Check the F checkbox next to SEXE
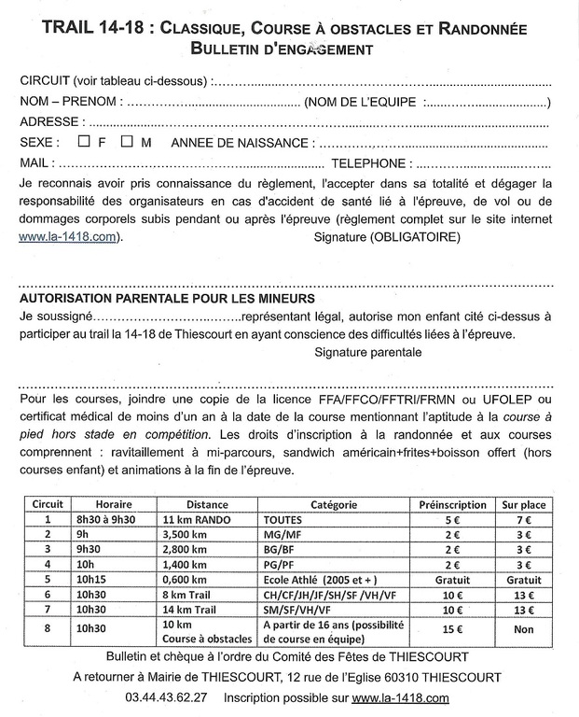click(83, 142)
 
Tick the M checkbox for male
click(126, 142)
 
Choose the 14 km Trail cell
click(192, 609)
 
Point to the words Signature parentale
click(367, 352)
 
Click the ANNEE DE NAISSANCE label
click(239, 143)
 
